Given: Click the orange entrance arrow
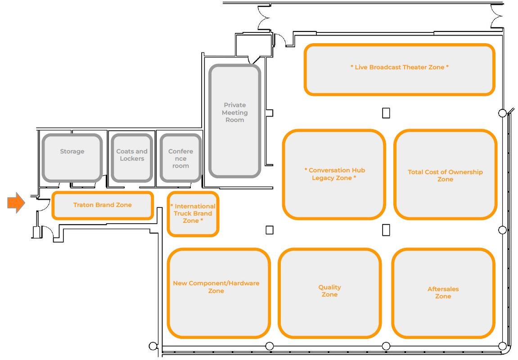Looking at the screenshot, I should click(16, 203).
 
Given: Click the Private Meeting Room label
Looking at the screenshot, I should click(234, 112).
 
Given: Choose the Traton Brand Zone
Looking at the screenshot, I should click(103, 205).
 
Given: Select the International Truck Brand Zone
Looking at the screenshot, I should click(193, 214).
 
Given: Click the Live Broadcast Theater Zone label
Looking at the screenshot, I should click(400, 67).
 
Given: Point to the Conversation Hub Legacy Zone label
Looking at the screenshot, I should click(334, 174).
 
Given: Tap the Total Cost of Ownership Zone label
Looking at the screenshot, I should click(445, 175).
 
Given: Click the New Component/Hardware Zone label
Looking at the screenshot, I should click(216, 287).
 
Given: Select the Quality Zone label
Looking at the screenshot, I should click(330, 291).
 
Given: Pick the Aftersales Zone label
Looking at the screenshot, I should click(443, 292).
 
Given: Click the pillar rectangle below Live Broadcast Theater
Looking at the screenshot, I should click(386, 113).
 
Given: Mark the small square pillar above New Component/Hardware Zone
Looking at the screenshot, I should click(269, 230).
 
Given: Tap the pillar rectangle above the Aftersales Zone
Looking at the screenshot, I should click(386, 230).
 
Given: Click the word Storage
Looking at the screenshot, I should click(72, 152).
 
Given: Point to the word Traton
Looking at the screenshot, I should click(83, 205).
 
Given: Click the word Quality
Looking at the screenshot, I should click(330, 287).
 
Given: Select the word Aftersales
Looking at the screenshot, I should click(443, 289).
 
